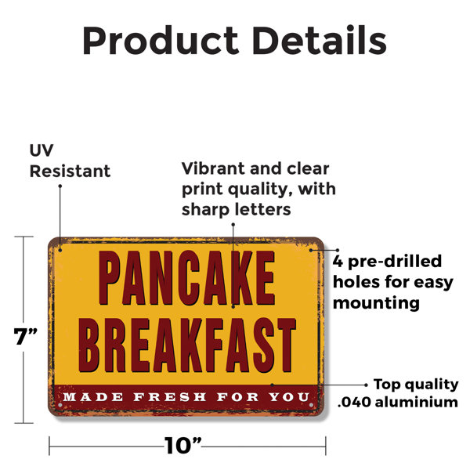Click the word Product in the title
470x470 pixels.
click(x=161, y=41)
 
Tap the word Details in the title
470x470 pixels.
click(x=320, y=40)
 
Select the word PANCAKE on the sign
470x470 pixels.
click(x=186, y=278)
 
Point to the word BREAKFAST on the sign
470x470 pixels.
click(x=187, y=345)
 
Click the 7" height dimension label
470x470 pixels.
click(x=26, y=336)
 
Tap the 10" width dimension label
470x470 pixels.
click(x=183, y=446)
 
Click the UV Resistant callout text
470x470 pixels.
click(x=70, y=161)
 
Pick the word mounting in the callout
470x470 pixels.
click(x=376, y=303)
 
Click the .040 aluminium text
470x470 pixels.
click(x=398, y=402)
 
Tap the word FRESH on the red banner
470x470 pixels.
click(x=170, y=397)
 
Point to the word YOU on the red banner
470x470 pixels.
click(x=288, y=397)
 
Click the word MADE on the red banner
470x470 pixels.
click(x=93, y=397)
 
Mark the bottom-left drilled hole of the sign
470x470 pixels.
click(x=60, y=405)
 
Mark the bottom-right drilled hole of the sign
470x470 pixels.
click(x=311, y=405)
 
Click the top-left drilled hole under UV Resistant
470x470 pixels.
click(x=60, y=250)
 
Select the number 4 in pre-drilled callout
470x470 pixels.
click(x=338, y=262)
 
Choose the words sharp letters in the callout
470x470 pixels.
click(x=237, y=209)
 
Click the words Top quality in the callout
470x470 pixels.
click(x=416, y=385)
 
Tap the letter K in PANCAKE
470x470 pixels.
click(x=237, y=278)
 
